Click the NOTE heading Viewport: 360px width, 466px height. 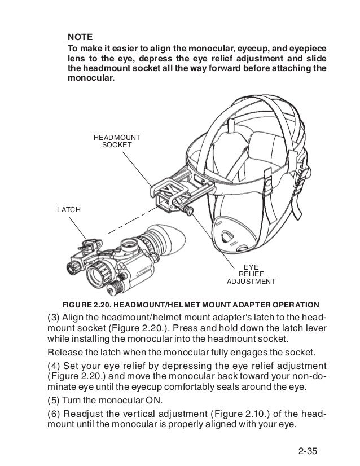(79, 38)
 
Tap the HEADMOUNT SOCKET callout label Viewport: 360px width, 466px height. (117, 141)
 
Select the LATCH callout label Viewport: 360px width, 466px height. (69, 210)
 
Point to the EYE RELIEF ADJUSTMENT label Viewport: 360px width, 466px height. (251, 273)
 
